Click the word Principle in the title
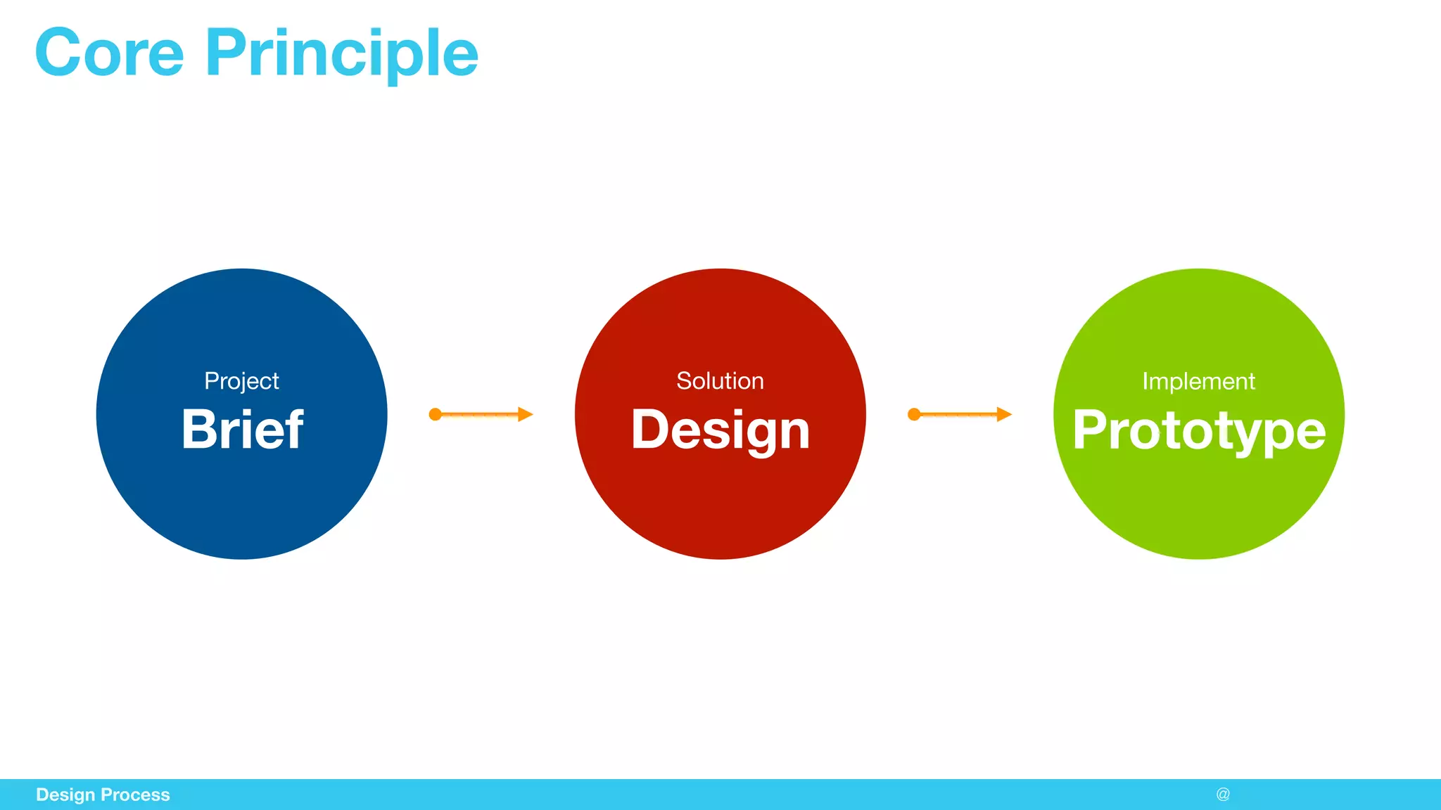[x=342, y=55]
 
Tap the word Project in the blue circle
[x=241, y=381]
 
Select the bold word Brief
[x=242, y=430]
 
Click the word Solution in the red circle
[x=720, y=381]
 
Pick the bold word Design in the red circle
[x=720, y=430]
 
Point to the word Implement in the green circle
[x=1198, y=381]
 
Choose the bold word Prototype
[x=1199, y=430]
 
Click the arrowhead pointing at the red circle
[x=525, y=414]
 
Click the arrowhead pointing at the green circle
[x=1003, y=414]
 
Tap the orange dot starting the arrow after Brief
[x=436, y=414]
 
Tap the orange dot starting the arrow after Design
[x=914, y=414]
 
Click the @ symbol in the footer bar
[x=1223, y=795]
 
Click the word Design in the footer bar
[x=65, y=795]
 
